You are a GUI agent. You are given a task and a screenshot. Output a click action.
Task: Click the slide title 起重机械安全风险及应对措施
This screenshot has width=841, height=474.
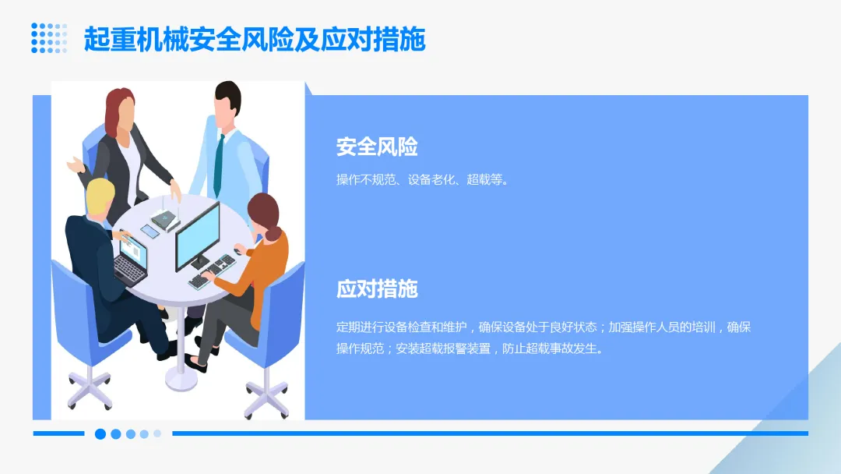coord(255,39)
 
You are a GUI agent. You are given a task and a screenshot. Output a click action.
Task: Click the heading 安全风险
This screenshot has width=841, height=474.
coord(377,147)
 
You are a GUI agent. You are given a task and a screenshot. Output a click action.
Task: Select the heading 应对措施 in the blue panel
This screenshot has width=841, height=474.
coord(377,289)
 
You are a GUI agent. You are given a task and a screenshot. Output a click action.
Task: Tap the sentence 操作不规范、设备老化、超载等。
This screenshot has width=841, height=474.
coord(423,180)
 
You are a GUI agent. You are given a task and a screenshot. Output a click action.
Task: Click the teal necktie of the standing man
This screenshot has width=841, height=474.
coord(219,164)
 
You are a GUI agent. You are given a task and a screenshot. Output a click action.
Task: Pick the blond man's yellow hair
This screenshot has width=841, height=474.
coord(100,195)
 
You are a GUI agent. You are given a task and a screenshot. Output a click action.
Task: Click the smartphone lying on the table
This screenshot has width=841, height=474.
coord(150,231)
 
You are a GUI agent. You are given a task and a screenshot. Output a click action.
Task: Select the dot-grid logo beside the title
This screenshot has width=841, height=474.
coord(49,38)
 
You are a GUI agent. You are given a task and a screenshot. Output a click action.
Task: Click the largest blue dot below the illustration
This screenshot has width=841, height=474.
coord(100,433)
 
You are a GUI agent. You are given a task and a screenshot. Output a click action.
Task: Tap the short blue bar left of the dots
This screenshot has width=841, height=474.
coord(58,433)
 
